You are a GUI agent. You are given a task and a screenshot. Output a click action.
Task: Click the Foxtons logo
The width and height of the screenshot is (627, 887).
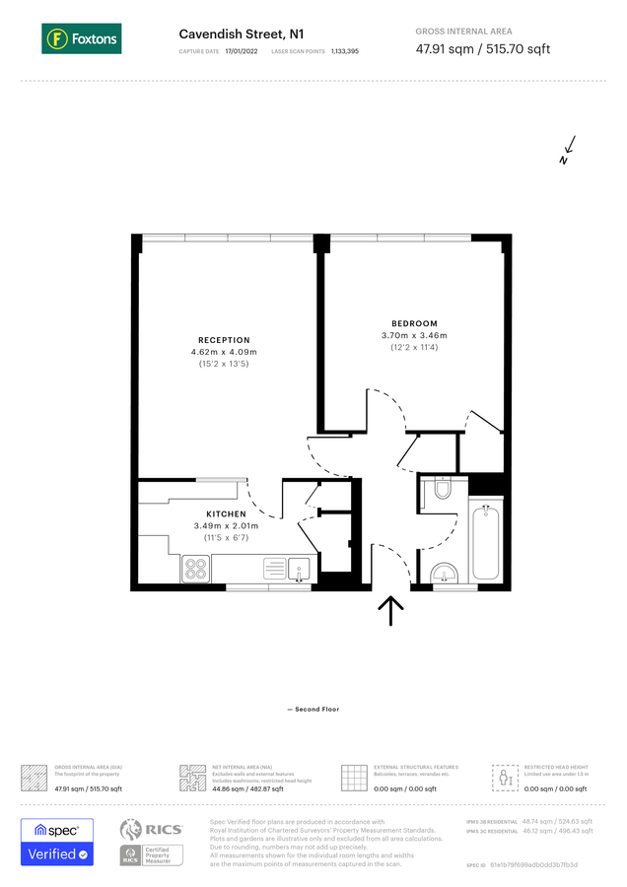pos(82,39)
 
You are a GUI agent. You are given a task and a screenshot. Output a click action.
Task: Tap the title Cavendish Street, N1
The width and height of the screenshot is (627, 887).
pos(234,34)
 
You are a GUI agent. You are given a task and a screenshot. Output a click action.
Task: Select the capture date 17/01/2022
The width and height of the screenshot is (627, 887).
pos(241,50)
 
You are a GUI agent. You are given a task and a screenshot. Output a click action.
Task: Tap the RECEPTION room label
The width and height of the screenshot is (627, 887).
pos(224,340)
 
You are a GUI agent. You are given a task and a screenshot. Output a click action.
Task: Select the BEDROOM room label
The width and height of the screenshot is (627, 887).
pos(414,323)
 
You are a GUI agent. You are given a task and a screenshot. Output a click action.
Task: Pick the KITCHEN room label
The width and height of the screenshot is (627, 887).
pos(226,514)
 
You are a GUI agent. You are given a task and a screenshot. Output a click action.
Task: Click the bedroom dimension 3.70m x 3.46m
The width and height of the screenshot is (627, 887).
pos(414,335)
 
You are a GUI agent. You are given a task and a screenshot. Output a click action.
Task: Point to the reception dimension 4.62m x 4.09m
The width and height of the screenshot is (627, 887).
pos(224,352)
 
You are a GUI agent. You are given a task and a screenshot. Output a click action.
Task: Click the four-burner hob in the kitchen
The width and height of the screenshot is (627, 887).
pos(195,569)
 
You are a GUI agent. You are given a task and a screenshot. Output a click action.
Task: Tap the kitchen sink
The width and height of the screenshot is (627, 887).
pos(299,568)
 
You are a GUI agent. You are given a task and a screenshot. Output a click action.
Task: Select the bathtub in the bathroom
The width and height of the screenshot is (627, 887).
pos(487,543)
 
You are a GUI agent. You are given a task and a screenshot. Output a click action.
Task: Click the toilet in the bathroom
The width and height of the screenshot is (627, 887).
pos(441,490)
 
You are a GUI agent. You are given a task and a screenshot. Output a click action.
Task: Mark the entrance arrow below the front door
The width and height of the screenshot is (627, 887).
pos(391,610)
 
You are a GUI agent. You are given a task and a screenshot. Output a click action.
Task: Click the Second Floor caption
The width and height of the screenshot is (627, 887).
pos(313,709)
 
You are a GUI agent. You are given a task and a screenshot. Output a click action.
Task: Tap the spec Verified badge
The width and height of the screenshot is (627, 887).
pos(57,843)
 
